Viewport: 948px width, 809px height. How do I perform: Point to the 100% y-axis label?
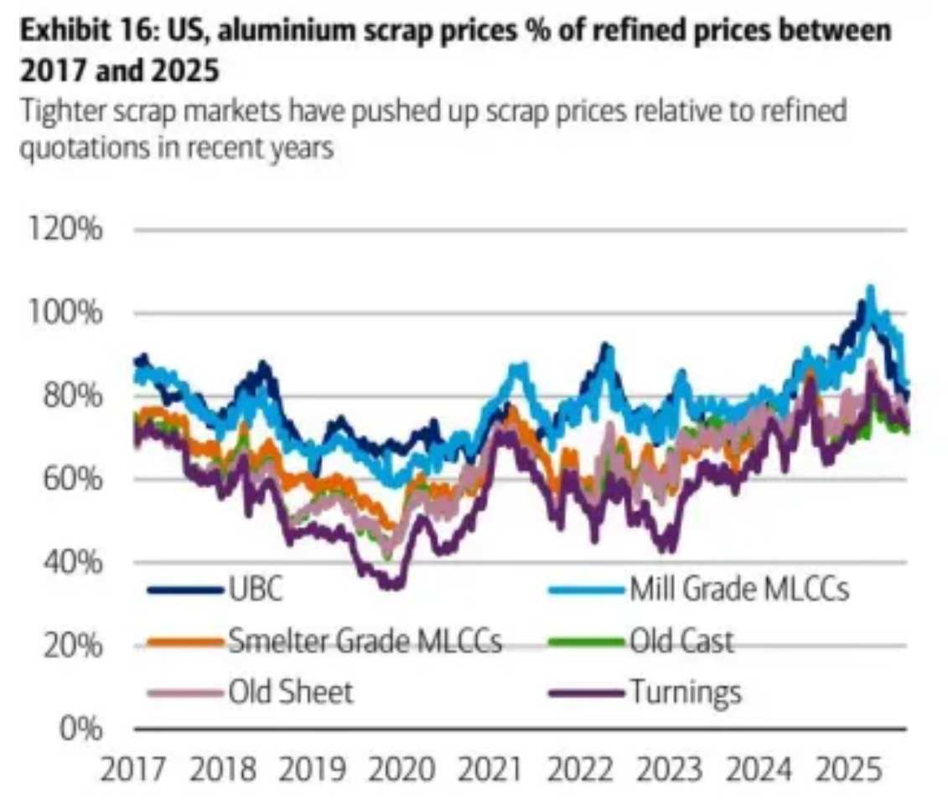pos(72,314)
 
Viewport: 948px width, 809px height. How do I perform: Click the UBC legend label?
pos(255,590)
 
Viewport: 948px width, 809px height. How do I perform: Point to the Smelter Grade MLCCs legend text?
pos(364,642)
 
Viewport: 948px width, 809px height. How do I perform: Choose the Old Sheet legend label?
pos(290,693)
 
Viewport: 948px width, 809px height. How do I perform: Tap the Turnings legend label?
pos(685,693)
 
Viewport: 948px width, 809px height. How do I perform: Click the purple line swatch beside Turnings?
pos(586,693)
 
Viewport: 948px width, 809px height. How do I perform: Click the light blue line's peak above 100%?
pos(870,289)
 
